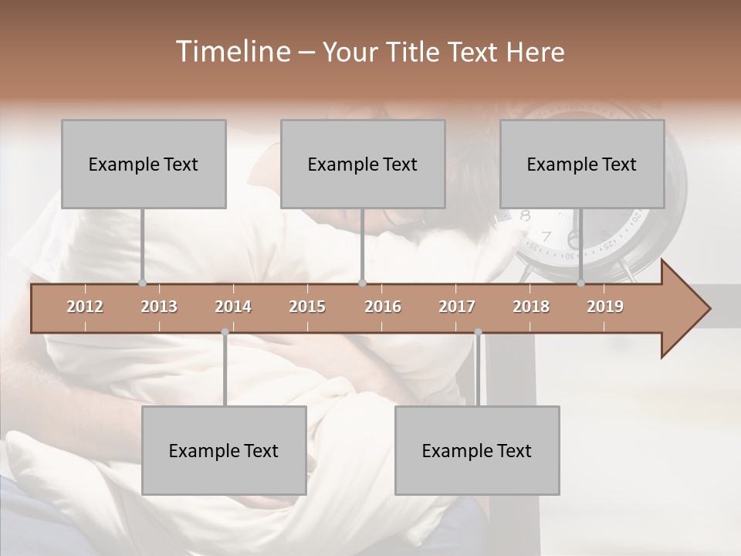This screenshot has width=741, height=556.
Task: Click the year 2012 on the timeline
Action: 85,307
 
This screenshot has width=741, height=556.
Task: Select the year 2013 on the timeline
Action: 159,307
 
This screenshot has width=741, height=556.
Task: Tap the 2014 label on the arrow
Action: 233,307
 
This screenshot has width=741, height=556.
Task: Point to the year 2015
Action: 307,307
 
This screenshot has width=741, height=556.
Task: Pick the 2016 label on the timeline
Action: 383,307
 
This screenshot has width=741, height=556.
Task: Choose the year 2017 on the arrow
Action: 457,307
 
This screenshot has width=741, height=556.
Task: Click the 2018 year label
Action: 531,307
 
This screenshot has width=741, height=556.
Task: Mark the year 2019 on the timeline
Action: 605,307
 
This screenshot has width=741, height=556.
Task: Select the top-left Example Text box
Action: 144,164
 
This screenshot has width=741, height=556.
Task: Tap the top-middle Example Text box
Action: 363,164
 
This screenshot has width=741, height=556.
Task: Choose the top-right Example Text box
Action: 582,164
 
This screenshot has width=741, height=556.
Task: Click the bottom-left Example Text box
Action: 224,451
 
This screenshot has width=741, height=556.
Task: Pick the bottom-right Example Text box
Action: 477,451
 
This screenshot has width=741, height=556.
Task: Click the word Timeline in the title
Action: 232,52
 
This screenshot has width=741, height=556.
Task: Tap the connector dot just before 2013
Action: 142,283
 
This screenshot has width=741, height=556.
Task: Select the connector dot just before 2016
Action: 362,283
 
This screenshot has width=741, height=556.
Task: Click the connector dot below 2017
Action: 478,332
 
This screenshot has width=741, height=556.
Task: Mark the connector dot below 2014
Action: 225,332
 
